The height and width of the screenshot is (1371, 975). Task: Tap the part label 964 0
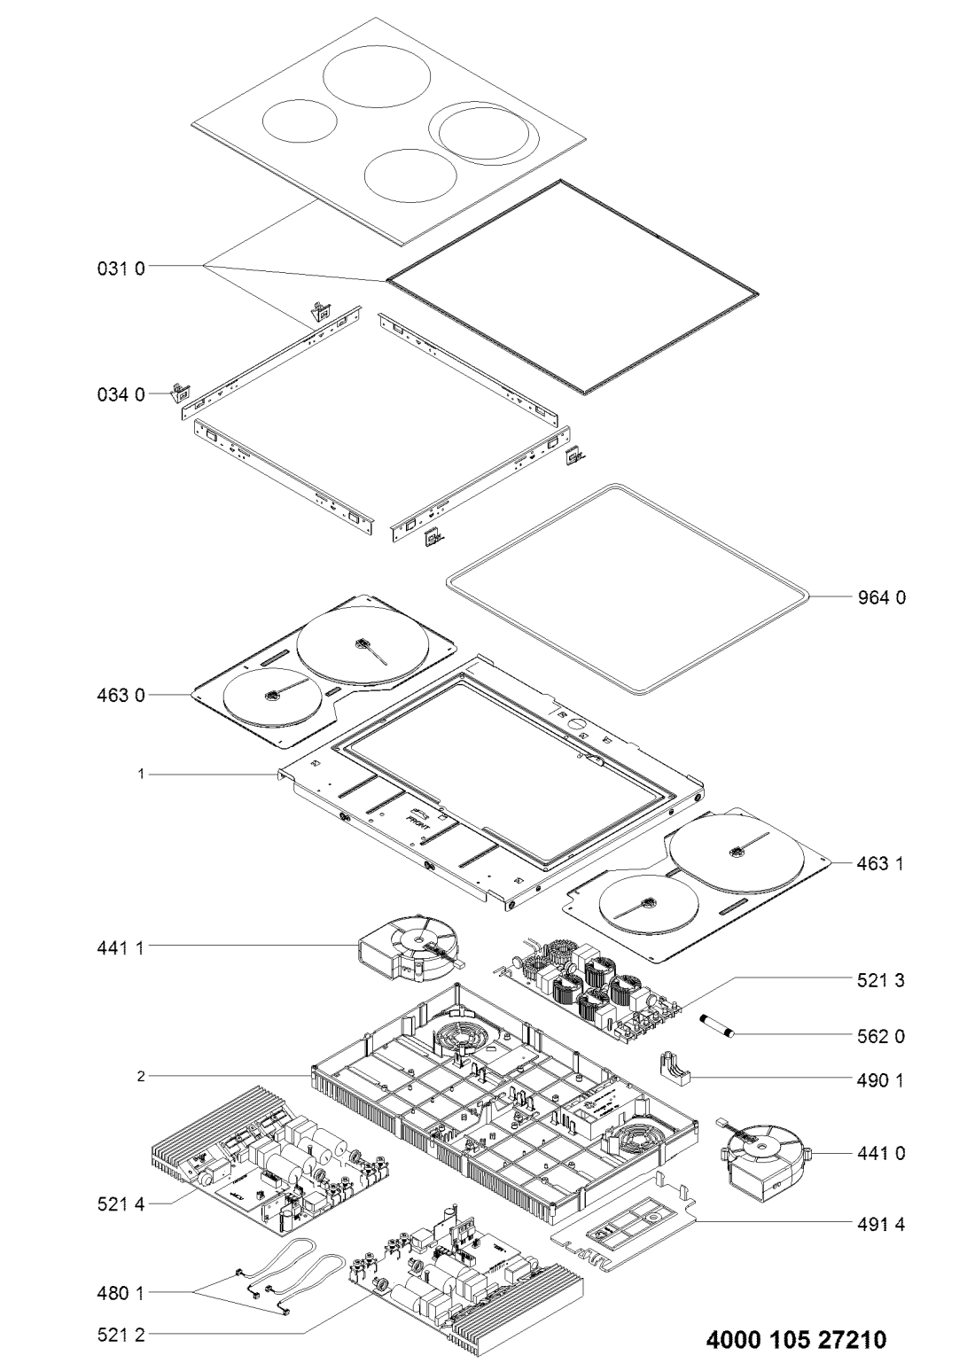pyautogui.click(x=881, y=598)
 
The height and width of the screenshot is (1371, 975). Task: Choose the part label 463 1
pyautogui.click(x=881, y=862)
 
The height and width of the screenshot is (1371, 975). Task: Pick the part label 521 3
pyautogui.click(x=881, y=981)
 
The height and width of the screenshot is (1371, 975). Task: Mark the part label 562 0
pyautogui.click(x=881, y=1035)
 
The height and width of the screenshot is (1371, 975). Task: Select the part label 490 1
pyautogui.click(x=881, y=1081)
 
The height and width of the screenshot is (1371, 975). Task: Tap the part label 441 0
pyautogui.click(x=881, y=1154)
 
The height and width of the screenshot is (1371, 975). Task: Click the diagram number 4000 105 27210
pyautogui.click(x=795, y=1337)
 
